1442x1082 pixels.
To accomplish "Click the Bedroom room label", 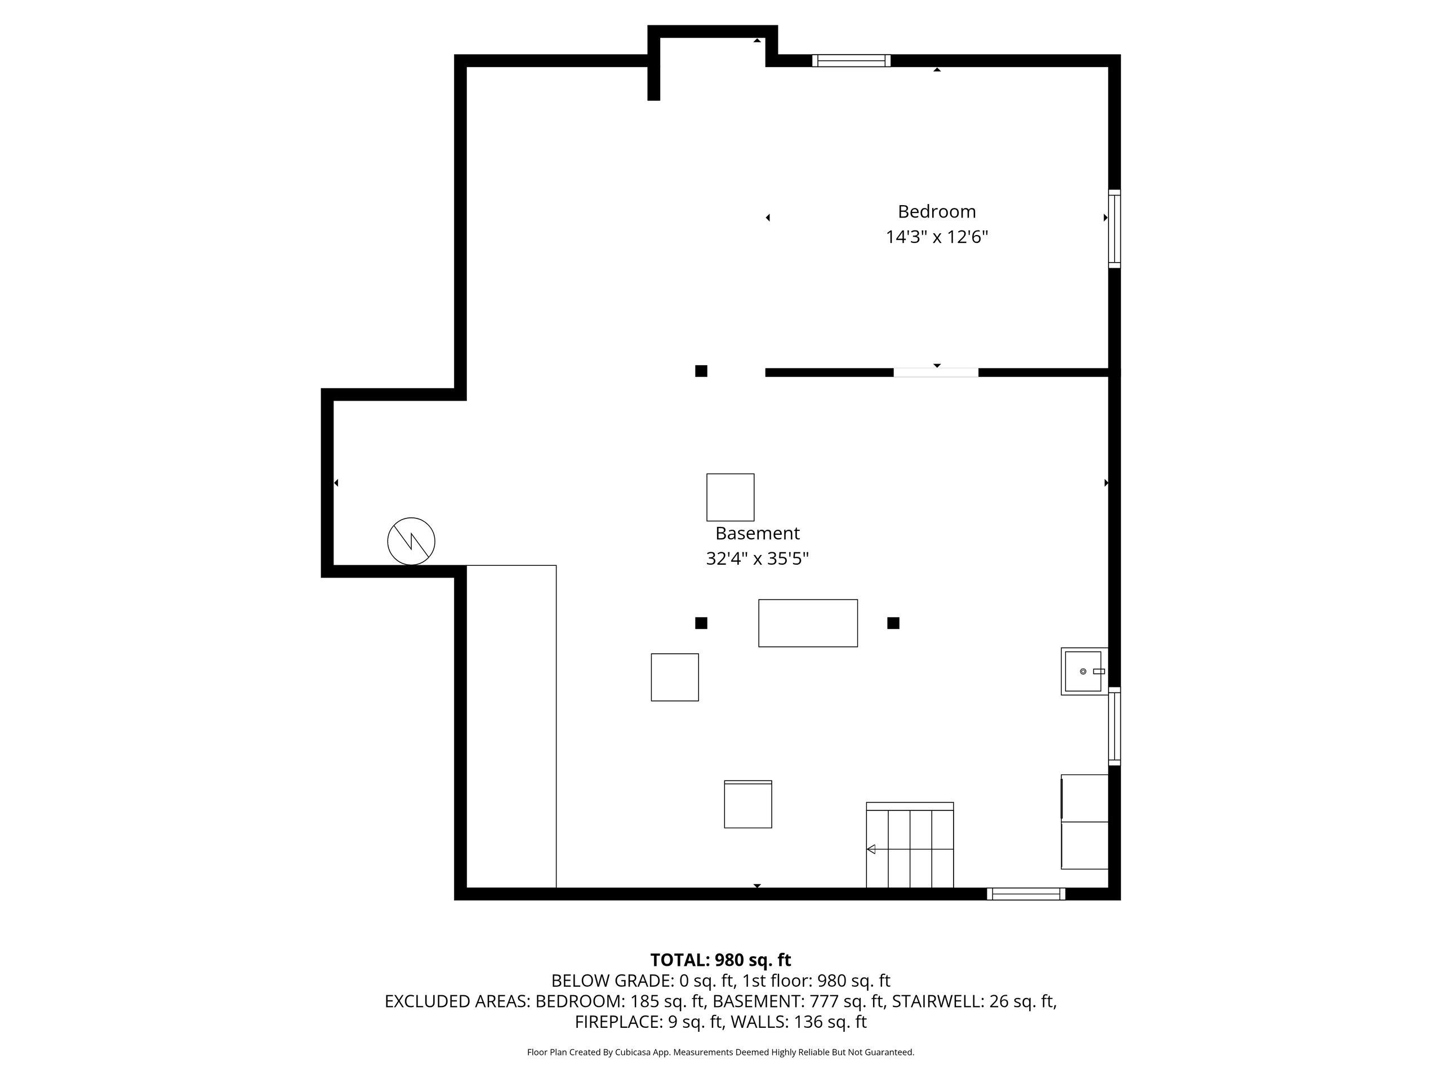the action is [x=937, y=211].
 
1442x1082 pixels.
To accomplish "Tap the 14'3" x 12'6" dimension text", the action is [x=937, y=237].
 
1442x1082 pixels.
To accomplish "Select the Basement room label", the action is [x=757, y=533].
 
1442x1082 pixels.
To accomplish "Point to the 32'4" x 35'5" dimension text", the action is [x=757, y=559].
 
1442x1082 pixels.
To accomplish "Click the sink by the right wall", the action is [x=1084, y=671].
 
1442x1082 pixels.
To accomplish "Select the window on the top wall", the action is [x=851, y=61].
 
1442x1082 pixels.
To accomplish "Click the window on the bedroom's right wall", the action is [x=1115, y=229].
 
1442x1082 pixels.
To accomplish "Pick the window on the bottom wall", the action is [x=1026, y=894].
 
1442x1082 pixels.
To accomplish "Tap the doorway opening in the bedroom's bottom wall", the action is [x=936, y=373].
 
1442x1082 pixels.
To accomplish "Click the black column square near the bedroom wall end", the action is [x=701, y=371].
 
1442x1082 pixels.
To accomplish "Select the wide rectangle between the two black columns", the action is [x=808, y=623].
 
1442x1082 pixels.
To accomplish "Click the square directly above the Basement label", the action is [x=730, y=497].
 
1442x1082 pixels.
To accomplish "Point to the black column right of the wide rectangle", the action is [x=893, y=623].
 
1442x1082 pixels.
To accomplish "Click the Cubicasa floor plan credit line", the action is [x=720, y=1052].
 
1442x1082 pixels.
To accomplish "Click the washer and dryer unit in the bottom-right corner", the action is [x=1085, y=822].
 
